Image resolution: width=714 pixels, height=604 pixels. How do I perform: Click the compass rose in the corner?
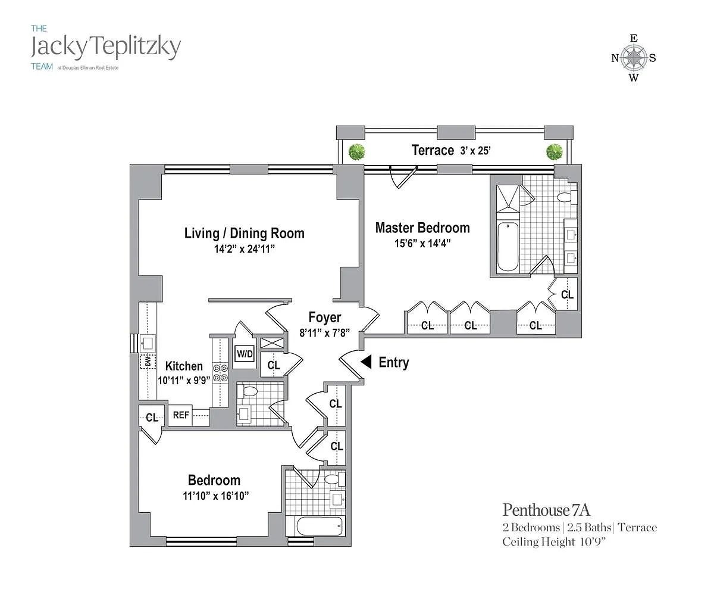pos(634,58)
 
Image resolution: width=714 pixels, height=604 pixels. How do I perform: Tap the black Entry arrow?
pos(367,362)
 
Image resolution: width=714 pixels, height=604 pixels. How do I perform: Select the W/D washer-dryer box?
pos(245,354)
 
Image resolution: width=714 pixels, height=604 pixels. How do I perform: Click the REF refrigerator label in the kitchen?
pos(181,415)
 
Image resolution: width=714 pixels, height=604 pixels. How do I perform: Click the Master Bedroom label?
pos(422,228)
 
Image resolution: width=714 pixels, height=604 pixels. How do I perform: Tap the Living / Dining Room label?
pos(244,233)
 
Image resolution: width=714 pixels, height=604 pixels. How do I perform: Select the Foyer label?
pos(325,317)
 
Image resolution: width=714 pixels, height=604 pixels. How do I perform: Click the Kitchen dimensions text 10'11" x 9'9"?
pos(184,380)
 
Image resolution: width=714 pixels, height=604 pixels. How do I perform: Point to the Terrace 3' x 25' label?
pos(451,150)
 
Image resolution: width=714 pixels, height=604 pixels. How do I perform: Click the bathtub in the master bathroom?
pos(508,246)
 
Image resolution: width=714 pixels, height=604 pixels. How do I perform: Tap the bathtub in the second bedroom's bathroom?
pos(319,527)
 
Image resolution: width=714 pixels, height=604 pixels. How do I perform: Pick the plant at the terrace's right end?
pos(554,151)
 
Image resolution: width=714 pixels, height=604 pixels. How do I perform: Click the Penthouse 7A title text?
pos(546,510)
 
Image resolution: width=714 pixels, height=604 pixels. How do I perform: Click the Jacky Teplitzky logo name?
pos(105,46)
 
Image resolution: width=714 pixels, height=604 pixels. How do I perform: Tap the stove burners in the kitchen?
pos(220,372)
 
